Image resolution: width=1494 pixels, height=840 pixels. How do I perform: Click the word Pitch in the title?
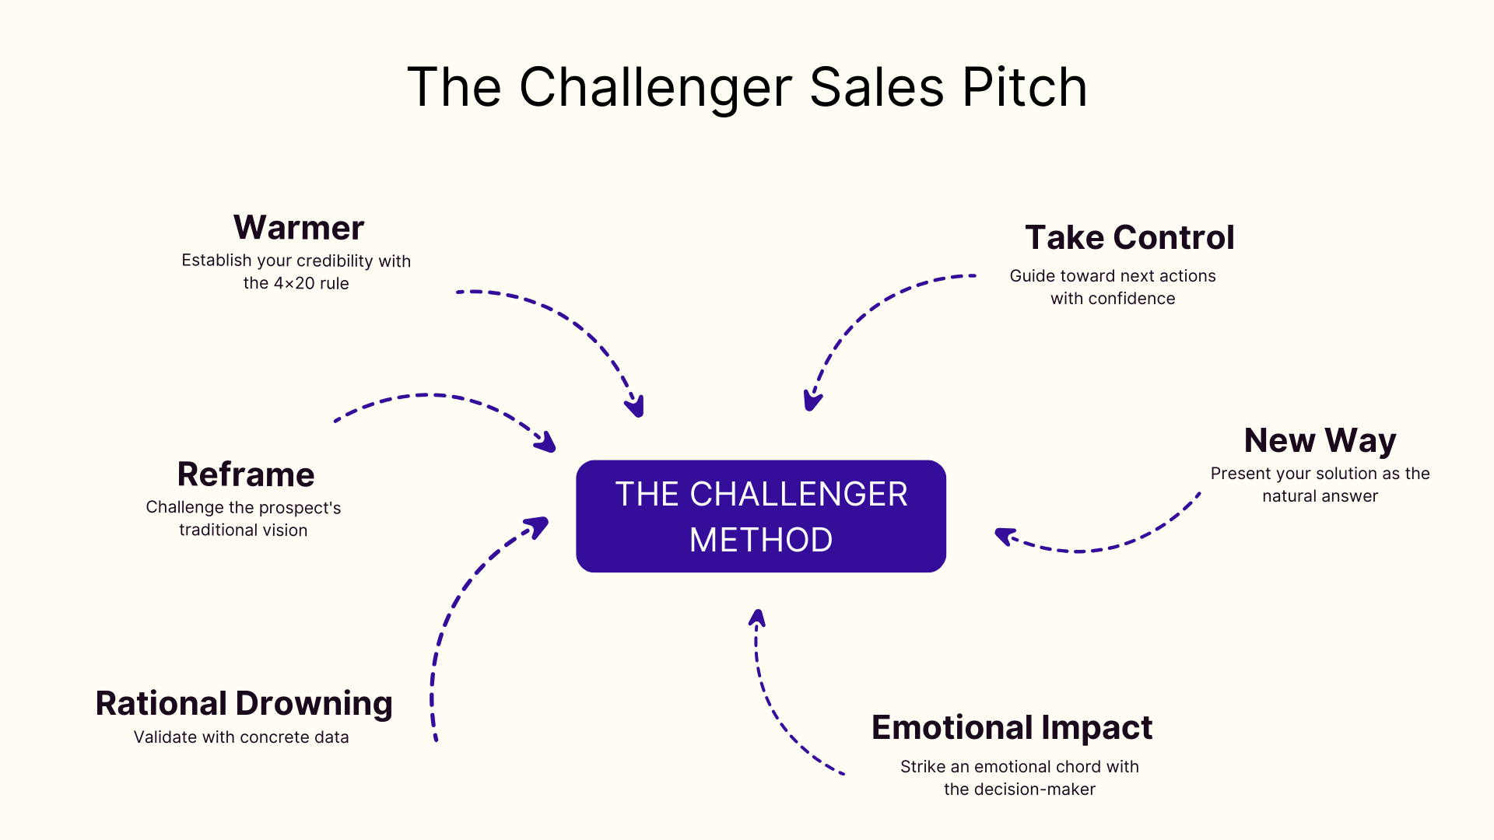click(1024, 87)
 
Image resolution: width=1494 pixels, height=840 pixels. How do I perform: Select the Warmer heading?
click(299, 228)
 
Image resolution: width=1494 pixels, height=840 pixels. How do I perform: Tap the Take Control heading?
click(1129, 237)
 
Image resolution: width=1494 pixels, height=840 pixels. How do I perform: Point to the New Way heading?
click(1320, 440)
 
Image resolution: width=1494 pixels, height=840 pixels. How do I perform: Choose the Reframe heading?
click(246, 474)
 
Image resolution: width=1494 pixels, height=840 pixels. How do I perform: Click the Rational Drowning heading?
click(244, 703)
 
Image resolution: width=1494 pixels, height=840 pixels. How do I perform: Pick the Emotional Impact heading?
click(1012, 727)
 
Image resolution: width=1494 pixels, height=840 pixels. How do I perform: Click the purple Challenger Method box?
click(761, 516)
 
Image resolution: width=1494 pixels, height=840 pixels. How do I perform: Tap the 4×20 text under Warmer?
click(294, 283)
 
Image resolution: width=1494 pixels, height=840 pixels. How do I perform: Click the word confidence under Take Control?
click(1131, 299)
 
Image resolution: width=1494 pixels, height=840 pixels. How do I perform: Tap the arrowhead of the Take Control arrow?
click(812, 402)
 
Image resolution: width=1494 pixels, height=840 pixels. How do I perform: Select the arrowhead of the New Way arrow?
click(1004, 535)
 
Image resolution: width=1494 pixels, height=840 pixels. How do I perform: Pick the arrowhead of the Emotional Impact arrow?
click(757, 618)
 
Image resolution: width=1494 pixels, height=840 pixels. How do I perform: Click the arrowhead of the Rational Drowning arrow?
click(539, 526)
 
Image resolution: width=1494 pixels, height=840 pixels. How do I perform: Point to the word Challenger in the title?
click(656, 87)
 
